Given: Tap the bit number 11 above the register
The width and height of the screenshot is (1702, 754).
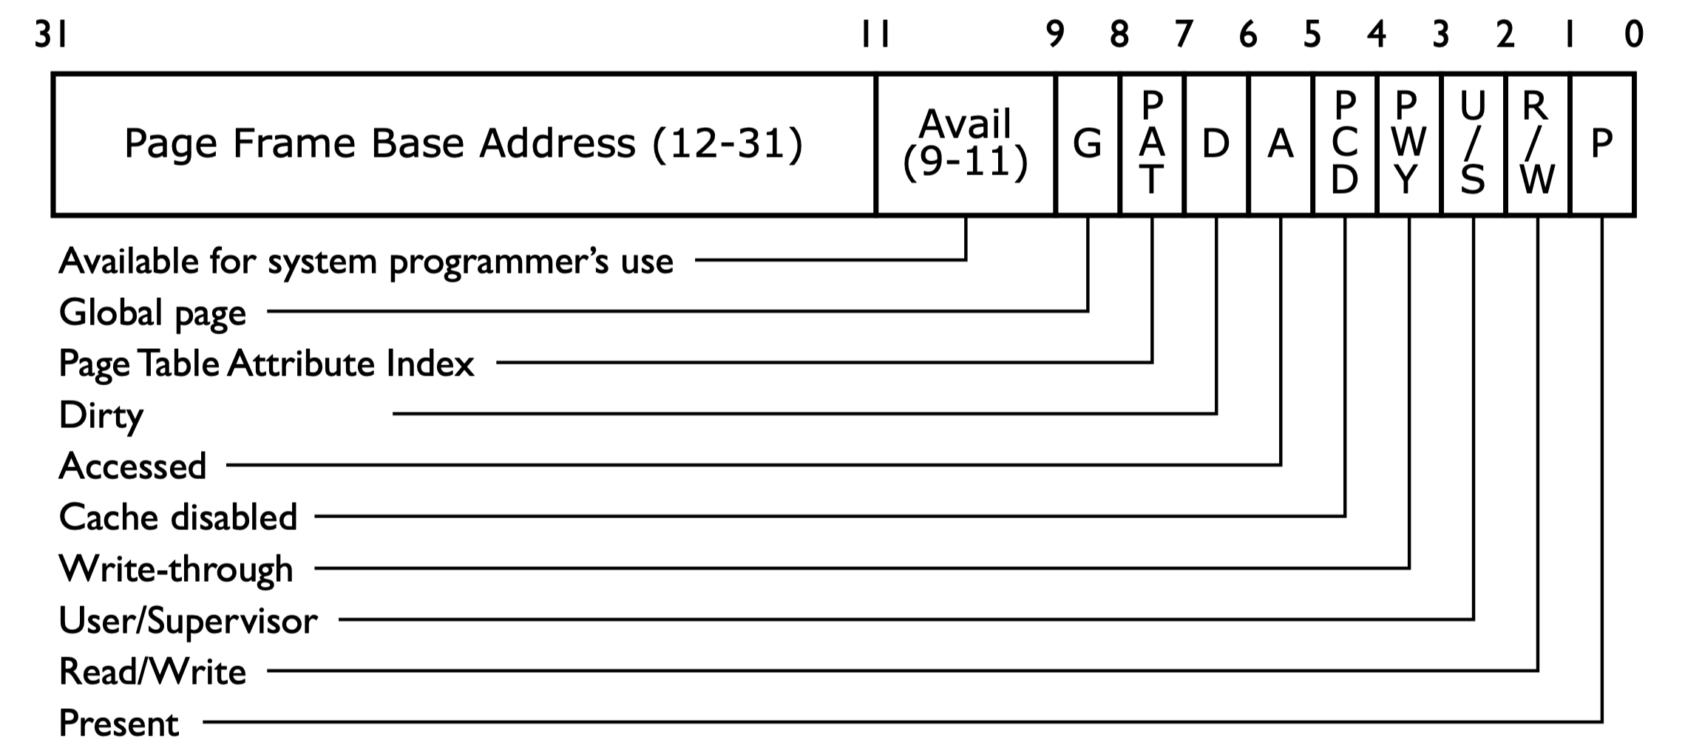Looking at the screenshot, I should [875, 35].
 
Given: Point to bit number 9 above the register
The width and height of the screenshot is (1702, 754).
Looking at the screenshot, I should [1055, 35].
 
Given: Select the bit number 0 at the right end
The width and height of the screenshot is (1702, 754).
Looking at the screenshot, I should [1634, 35].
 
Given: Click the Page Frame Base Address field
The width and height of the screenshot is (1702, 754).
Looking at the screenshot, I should [464, 144].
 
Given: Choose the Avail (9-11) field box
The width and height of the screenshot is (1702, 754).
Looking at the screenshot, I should [966, 144].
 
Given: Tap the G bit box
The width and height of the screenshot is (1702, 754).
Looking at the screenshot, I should [1088, 144].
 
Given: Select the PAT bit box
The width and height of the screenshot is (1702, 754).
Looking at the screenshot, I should [1152, 144].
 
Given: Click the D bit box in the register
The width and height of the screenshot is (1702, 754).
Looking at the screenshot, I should [1216, 144].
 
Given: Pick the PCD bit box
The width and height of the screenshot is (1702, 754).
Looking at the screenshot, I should [1345, 144].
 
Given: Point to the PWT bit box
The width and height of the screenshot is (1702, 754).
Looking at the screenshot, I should [1409, 144].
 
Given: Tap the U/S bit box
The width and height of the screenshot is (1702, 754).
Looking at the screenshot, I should [1474, 144].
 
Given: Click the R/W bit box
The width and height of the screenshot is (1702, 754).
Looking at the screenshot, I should [1538, 144].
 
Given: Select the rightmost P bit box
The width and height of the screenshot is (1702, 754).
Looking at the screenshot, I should [1602, 144].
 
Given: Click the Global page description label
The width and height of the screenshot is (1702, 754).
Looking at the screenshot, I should [152, 313].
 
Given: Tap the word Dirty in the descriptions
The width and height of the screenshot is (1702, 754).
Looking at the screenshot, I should [101, 415].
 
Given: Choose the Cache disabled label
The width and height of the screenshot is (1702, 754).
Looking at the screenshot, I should [177, 517].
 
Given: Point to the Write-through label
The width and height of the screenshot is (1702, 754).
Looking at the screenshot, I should [176, 569].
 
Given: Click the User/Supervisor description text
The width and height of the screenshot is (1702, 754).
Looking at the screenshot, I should [188, 621].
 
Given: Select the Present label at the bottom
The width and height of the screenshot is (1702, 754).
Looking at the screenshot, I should [118, 723].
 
